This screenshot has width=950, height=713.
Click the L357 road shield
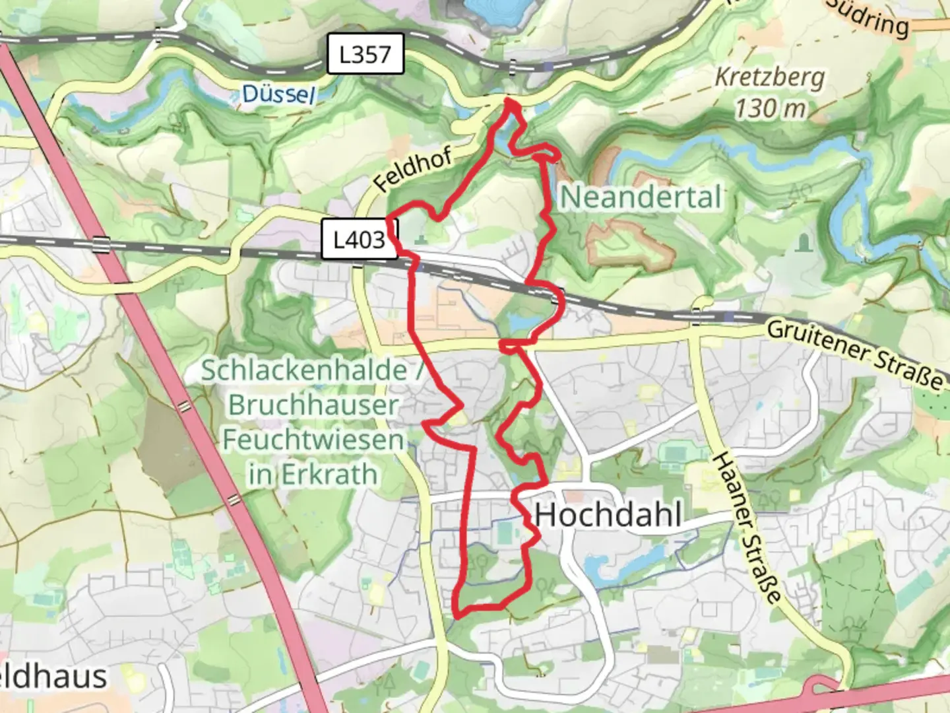pos(365,54)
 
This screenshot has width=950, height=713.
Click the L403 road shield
pos(359,239)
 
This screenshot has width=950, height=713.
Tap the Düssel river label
pos(278,94)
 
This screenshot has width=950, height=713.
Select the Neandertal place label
pos(641,197)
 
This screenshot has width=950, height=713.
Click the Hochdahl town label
pos(608,515)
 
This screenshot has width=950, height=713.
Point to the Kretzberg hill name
pos(770,78)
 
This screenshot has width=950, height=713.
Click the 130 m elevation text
pos(770,108)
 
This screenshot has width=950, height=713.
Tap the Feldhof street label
pos(413,170)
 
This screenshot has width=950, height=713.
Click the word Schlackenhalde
pos(304,370)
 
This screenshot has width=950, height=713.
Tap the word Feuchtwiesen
pos(313,440)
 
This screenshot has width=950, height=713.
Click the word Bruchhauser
pos(313,405)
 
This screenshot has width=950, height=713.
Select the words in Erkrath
pos(313,474)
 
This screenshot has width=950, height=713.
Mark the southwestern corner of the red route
pos(457,615)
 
